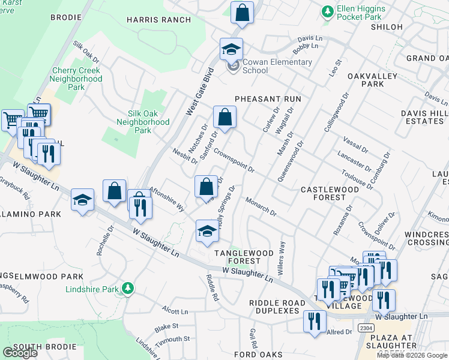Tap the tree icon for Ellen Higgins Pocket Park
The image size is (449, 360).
(328, 11)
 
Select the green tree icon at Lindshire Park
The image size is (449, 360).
(127, 289)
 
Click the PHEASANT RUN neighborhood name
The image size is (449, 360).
(267, 98)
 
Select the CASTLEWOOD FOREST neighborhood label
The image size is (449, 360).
(338, 194)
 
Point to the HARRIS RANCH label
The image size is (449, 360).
(149, 19)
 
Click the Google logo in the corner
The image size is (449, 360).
(20, 353)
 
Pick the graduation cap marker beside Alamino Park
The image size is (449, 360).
(82, 200)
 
